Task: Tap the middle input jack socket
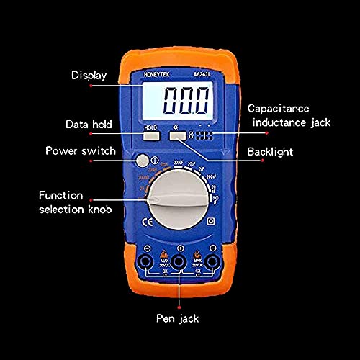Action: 180,261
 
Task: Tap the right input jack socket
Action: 213,261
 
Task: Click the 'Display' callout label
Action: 89,75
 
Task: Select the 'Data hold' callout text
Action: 89,124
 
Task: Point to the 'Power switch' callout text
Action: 79,150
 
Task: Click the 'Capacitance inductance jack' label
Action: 288,115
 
